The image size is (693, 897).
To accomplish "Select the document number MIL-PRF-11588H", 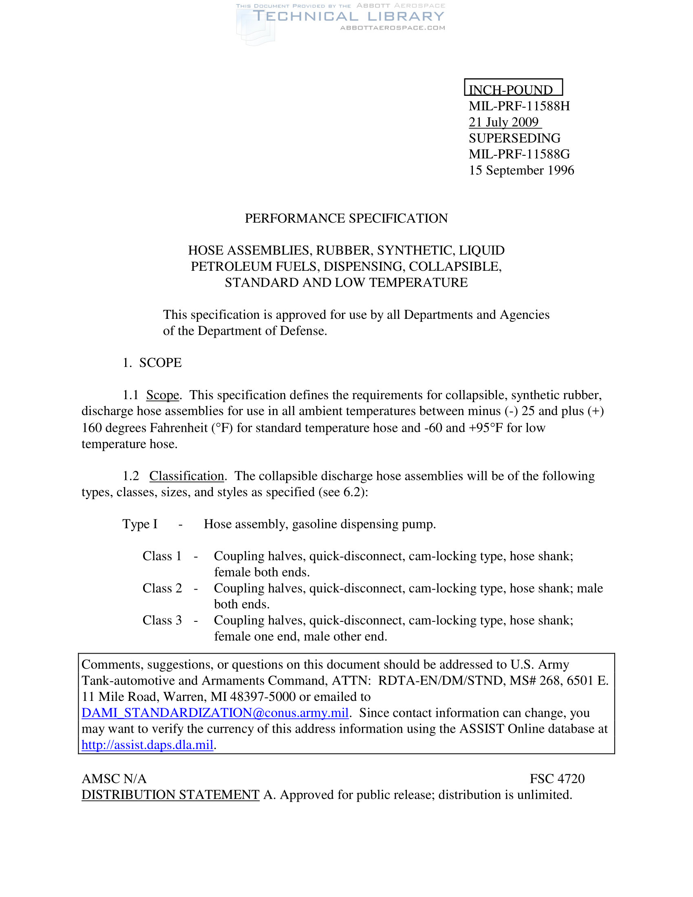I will [519, 106].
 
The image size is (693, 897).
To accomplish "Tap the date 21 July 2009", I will [504, 122].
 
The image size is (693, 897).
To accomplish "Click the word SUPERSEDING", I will [514, 138].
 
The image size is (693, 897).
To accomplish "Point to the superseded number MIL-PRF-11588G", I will [519, 154].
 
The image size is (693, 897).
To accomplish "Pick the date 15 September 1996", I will [521, 170].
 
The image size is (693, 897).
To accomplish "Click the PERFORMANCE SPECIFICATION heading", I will [346, 218].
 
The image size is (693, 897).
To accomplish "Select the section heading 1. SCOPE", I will [152, 362].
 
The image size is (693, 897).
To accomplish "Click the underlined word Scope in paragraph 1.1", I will [163, 395].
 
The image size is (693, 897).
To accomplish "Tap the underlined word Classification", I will [187, 476].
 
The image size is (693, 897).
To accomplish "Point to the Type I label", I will [140, 524].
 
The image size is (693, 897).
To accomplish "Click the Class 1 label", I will [162, 556].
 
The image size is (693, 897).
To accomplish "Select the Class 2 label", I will [162, 588].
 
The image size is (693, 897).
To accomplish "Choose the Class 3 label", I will [162, 620].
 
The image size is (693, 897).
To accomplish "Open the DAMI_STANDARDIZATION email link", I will [215, 713].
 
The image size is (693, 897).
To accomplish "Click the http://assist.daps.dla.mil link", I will [148, 745].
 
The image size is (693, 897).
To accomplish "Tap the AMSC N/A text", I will [114, 779].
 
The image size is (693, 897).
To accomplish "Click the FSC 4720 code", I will [557, 779].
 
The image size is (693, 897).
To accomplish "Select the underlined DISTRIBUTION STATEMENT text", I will [170, 795].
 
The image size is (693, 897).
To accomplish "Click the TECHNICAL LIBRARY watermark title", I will [348, 16].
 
